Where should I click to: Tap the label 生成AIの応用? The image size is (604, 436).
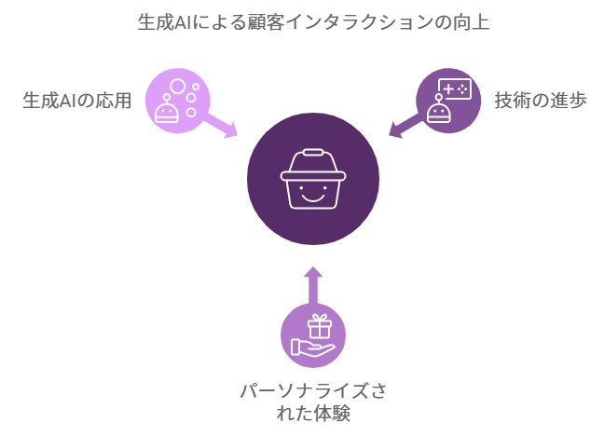[x=77, y=101]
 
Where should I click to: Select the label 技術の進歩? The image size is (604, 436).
[x=528, y=101]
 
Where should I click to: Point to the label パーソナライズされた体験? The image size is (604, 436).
[x=313, y=402]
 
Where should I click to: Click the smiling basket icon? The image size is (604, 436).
[x=313, y=181]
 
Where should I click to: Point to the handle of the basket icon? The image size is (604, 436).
[x=313, y=155]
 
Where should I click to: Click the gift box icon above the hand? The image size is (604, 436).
[x=319, y=326]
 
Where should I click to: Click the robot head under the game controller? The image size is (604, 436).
[x=438, y=113]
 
